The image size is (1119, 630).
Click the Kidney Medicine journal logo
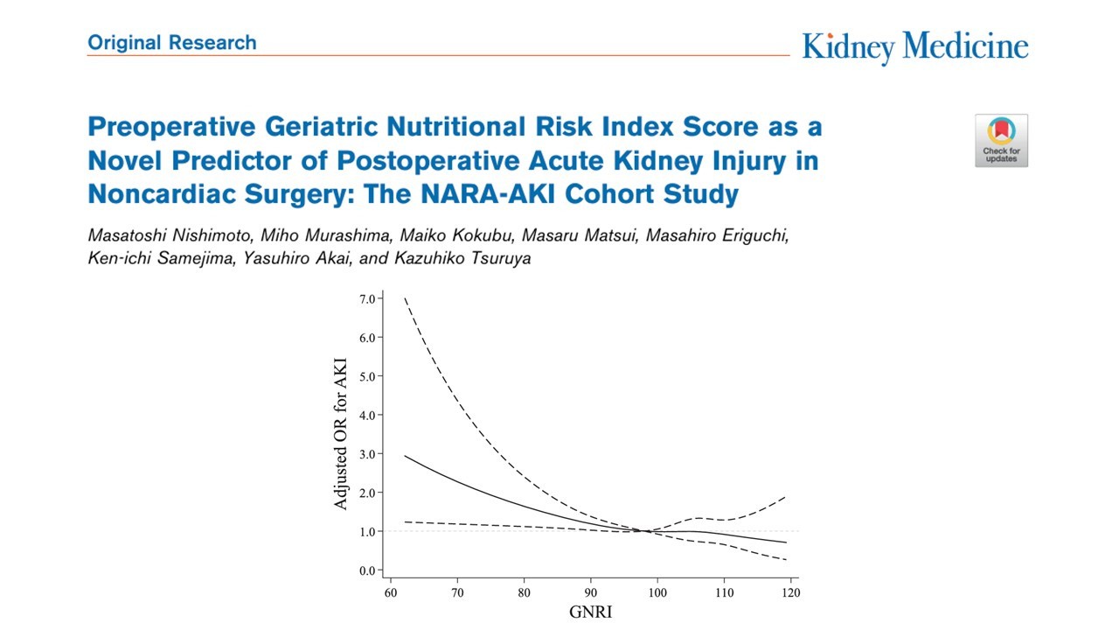[915, 47]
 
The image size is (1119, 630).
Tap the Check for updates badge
[1001, 141]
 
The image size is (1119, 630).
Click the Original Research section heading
[172, 43]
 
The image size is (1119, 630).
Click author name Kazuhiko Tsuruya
[462, 258]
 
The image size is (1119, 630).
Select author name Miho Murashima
[325, 235]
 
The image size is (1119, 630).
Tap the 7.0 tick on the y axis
[367, 299]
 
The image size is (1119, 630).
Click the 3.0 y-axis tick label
[367, 454]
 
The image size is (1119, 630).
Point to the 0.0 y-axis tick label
[367, 570]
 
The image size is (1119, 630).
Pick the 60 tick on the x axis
[391, 593]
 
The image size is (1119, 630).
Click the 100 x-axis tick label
[657, 593]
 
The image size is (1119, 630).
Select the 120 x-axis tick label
[791, 593]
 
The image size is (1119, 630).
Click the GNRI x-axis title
[590, 612]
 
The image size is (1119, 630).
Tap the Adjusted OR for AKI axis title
[340, 434]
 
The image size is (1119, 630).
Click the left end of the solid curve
[405, 456]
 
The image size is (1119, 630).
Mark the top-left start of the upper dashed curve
[405, 298]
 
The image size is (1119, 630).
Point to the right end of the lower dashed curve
[787, 560]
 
